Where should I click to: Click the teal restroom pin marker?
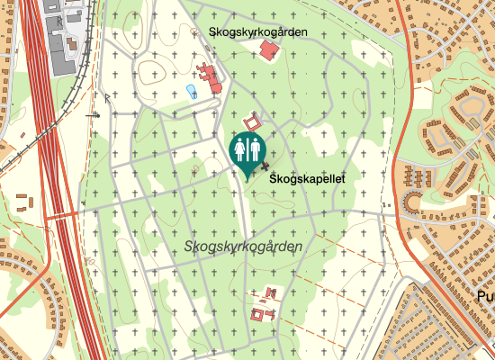[x=247, y=151]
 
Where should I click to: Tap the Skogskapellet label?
[x=307, y=180]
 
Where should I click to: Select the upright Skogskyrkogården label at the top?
[x=258, y=31]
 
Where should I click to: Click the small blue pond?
[x=190, y=91]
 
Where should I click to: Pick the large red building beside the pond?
[x=211, y=78]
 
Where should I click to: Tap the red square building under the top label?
[x=267, y=52]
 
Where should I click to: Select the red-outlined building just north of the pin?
[x=252, y=120]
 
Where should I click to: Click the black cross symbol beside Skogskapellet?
[x=265, y=166]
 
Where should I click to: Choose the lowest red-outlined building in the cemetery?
[x=261, y=315]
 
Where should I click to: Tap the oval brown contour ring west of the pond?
[x=149, y=72]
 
